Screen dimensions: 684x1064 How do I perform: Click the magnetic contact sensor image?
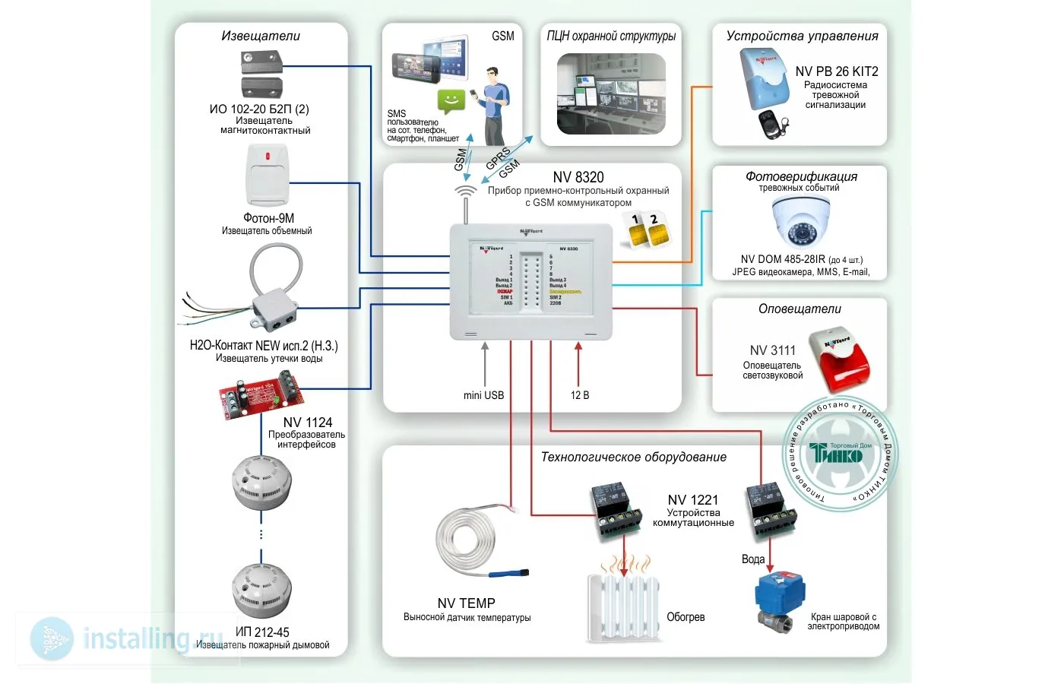pos(262,74)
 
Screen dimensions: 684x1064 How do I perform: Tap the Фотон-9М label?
pos(268,218)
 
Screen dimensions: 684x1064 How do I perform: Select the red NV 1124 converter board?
pos(261,394)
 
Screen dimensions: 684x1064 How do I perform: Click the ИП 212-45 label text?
pos(262,632)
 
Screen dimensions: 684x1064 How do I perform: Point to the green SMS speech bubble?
pos(451,100)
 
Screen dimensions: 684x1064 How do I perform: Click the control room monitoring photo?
pos(611,93)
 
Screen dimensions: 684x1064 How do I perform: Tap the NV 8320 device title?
pos(578,177)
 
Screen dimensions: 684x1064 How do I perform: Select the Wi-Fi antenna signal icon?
pos(465,192)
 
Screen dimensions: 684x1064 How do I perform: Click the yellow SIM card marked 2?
pos(658,231)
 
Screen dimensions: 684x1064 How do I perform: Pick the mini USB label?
pos(483,395)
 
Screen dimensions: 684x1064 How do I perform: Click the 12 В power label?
pos(580,395)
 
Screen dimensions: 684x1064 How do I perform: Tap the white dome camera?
pos(801,221)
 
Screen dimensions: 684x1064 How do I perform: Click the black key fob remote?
pos(773,125)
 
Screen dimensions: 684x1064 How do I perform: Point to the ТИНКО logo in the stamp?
pos(836,454)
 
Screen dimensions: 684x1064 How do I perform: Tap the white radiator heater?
pos(623,606)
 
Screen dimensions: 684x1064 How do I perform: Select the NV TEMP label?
pos(466,603)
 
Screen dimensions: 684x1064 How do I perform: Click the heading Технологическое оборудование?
pos(633,457)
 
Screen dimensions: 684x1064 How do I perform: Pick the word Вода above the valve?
pos(752,559)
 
